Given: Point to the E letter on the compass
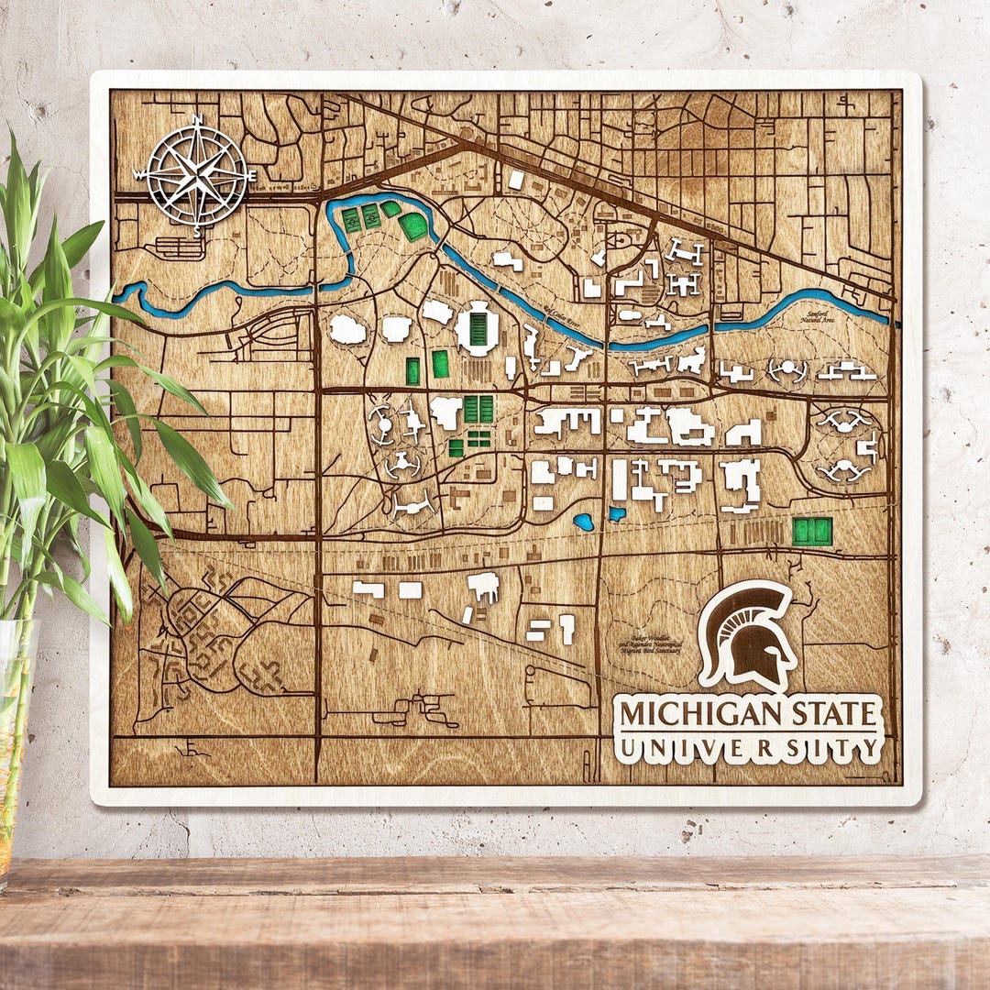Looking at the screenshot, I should [251, 173].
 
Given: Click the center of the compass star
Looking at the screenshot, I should [196, 174].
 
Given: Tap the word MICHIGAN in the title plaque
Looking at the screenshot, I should [688, 713].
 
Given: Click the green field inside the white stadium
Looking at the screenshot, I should [478, 328].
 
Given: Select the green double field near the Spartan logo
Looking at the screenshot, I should [812, 531].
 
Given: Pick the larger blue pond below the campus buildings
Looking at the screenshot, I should [583, 522].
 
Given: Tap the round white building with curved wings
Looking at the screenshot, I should [788, 370].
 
